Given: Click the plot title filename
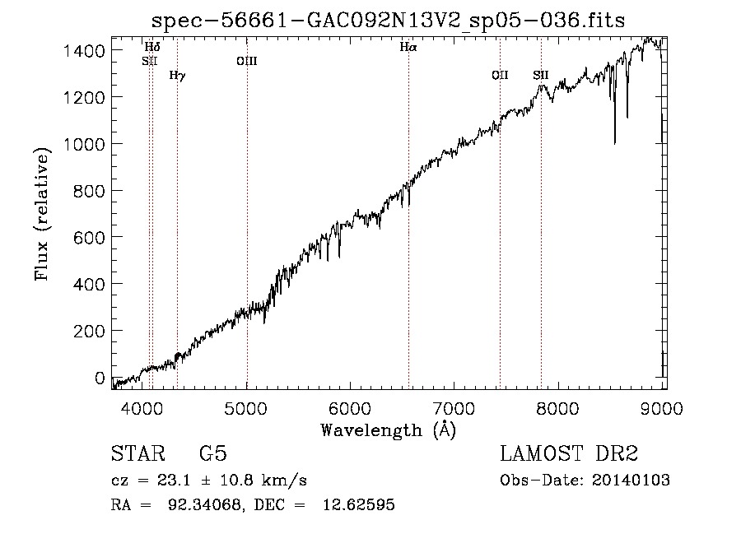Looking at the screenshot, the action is coord(388,21).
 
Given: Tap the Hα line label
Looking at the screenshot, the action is coord(408,47).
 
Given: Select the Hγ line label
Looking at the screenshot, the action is coord(177,76).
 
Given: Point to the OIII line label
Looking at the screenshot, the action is coord(247,61).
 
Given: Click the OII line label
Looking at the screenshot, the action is coord(500,75).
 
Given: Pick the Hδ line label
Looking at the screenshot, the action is coord(152,47).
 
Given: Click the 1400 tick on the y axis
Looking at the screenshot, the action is coord(84,50).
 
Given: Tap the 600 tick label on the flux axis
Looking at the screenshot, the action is coord(89,238).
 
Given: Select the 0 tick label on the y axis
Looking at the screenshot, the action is coord(100,378).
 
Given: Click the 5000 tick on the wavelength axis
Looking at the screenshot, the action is coord(245,408).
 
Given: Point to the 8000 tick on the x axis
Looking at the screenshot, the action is coord(558,408).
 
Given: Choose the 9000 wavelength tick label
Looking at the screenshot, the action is coord(662,408).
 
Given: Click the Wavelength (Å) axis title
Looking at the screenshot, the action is coord(389,430).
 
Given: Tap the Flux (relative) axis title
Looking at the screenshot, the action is coord(42,214).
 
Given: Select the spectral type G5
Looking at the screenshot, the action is coord(213,453).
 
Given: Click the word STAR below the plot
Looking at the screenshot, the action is coord(138,453).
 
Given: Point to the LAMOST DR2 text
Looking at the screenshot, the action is coord(569,453).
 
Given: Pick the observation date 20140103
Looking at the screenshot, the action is coord(631,481).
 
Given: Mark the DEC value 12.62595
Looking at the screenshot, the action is coord(359,504).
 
